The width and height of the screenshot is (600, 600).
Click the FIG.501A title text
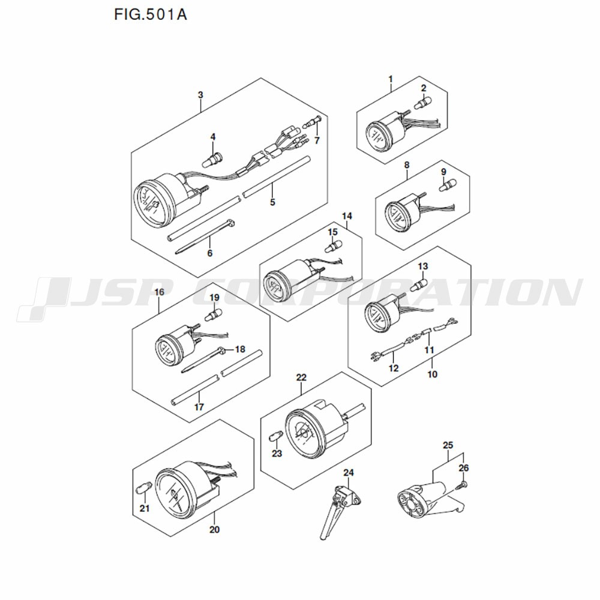click(151, 15)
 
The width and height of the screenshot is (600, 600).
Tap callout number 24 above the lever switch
click(348, 473)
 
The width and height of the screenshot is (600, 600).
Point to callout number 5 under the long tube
click(272, 202)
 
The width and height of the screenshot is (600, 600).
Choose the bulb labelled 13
click(419, 284)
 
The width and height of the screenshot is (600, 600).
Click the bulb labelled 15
click(334, 245)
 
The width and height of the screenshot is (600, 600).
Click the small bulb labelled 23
click(277, 436)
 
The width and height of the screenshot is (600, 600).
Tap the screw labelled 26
click(462, 485)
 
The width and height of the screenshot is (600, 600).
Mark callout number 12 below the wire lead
click(394, 368)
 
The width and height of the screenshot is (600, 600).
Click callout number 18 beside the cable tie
click(240, 349)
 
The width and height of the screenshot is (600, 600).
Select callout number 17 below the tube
click(199, 407)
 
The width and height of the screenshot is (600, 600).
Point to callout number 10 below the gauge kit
click(432, 374)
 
